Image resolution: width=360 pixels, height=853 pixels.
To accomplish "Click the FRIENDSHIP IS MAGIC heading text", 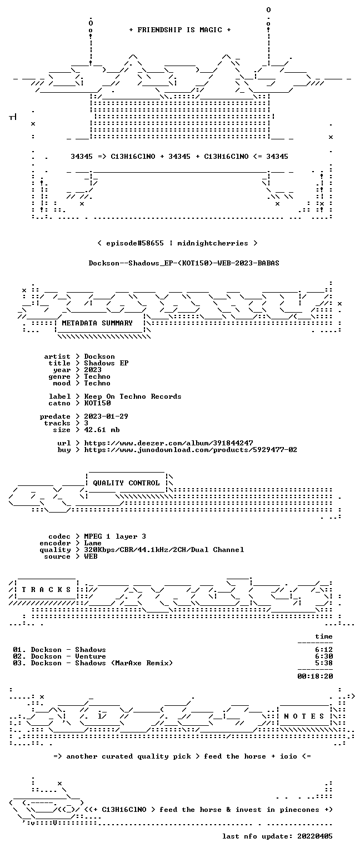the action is (180, 29).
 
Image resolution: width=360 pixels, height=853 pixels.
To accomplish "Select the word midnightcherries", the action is (213, 243).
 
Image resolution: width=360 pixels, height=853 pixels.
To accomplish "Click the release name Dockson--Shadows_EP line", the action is (184, 263).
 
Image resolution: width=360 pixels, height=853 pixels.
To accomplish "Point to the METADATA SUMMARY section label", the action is (97, 323).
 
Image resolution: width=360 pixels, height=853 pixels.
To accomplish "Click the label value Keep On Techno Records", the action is (133, 397).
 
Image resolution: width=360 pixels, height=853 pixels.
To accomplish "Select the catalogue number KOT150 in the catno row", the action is (98, 403).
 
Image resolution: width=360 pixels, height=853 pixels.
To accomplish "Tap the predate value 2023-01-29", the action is (106, 416).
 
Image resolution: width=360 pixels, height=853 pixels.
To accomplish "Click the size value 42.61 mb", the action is (102, 429).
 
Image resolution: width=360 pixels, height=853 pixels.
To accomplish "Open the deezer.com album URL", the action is (168, 443).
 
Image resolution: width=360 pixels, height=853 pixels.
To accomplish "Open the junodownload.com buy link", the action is (191, 450).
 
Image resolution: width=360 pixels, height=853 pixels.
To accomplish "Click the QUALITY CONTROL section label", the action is (127, 483).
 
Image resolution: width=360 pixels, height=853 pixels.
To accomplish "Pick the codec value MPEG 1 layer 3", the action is (115, 536).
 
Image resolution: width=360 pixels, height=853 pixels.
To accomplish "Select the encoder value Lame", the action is (93, 543).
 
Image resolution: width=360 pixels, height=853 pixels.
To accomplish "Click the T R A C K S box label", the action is (46, 589).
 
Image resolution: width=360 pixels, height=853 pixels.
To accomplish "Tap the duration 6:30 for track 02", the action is (324, 656).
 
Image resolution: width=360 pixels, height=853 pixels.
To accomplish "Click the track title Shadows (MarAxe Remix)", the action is (124, 663).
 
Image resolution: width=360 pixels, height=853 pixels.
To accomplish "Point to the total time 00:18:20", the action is (315, 676).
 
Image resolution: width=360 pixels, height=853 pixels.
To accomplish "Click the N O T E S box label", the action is (304, 716).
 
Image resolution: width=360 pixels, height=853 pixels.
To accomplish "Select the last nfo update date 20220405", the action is (315, 836).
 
